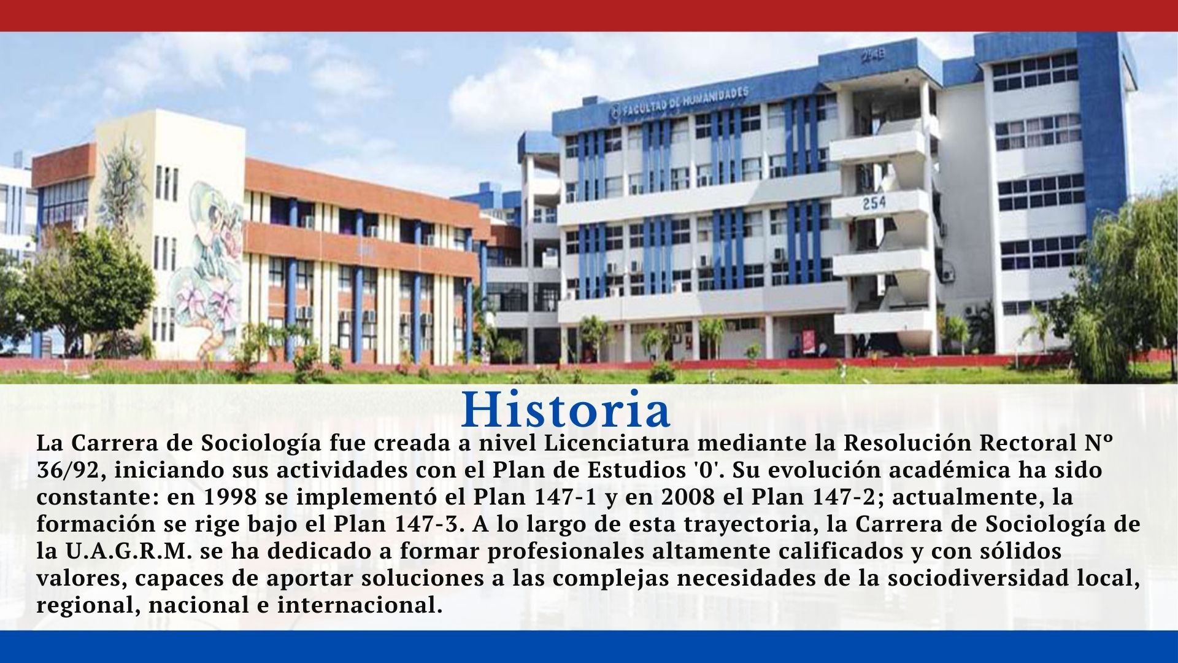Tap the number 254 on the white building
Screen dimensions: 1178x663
click(872, 202)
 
